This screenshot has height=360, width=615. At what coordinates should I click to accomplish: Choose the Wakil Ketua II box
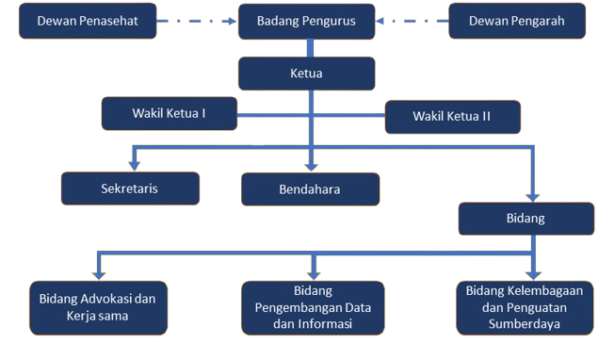point(452,117)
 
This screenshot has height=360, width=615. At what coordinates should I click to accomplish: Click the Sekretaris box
point(130,188)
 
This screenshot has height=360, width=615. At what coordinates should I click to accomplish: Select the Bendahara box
point(310,189)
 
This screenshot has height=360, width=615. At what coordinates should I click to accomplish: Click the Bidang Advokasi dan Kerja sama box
point(97,307)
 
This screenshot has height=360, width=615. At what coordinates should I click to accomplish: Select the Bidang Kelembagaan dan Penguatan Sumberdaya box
point(525,307)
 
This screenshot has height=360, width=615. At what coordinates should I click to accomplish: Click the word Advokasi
point(104,299)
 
